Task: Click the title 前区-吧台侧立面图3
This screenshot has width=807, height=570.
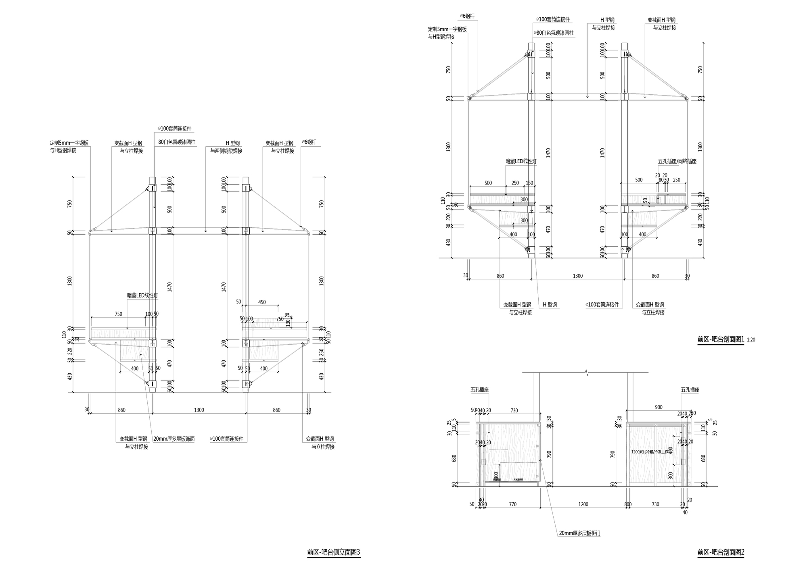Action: click(333, 552)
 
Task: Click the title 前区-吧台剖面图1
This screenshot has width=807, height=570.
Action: click(720, 339)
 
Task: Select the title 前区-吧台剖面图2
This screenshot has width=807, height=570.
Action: click(720, 552)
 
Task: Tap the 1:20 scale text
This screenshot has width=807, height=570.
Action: click(751, 340)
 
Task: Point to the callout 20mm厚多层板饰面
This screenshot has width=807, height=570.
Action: click(174, 439)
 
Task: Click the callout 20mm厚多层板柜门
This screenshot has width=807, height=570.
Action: click(579, 533)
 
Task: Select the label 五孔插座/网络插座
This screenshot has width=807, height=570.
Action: click(677, 161)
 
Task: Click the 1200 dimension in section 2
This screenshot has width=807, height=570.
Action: click(583, 504)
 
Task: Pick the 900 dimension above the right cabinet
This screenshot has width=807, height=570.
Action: click(659, 407)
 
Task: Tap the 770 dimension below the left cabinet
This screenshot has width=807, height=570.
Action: click(512, 504)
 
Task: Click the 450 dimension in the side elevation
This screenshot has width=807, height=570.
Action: click(262, 302)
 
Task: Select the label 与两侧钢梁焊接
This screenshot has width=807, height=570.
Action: click(226, 151)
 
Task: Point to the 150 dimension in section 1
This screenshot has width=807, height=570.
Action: click(529, 183)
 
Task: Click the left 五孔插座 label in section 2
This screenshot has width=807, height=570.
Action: click(479, 390)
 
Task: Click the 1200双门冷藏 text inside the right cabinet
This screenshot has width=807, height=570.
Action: click(649, 452)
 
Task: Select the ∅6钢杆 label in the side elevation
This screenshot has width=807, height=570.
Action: click(309, 142)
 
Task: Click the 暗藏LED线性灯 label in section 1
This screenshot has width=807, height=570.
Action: click(521, 161)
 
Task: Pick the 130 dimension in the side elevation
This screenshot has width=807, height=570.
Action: click(288, 323)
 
